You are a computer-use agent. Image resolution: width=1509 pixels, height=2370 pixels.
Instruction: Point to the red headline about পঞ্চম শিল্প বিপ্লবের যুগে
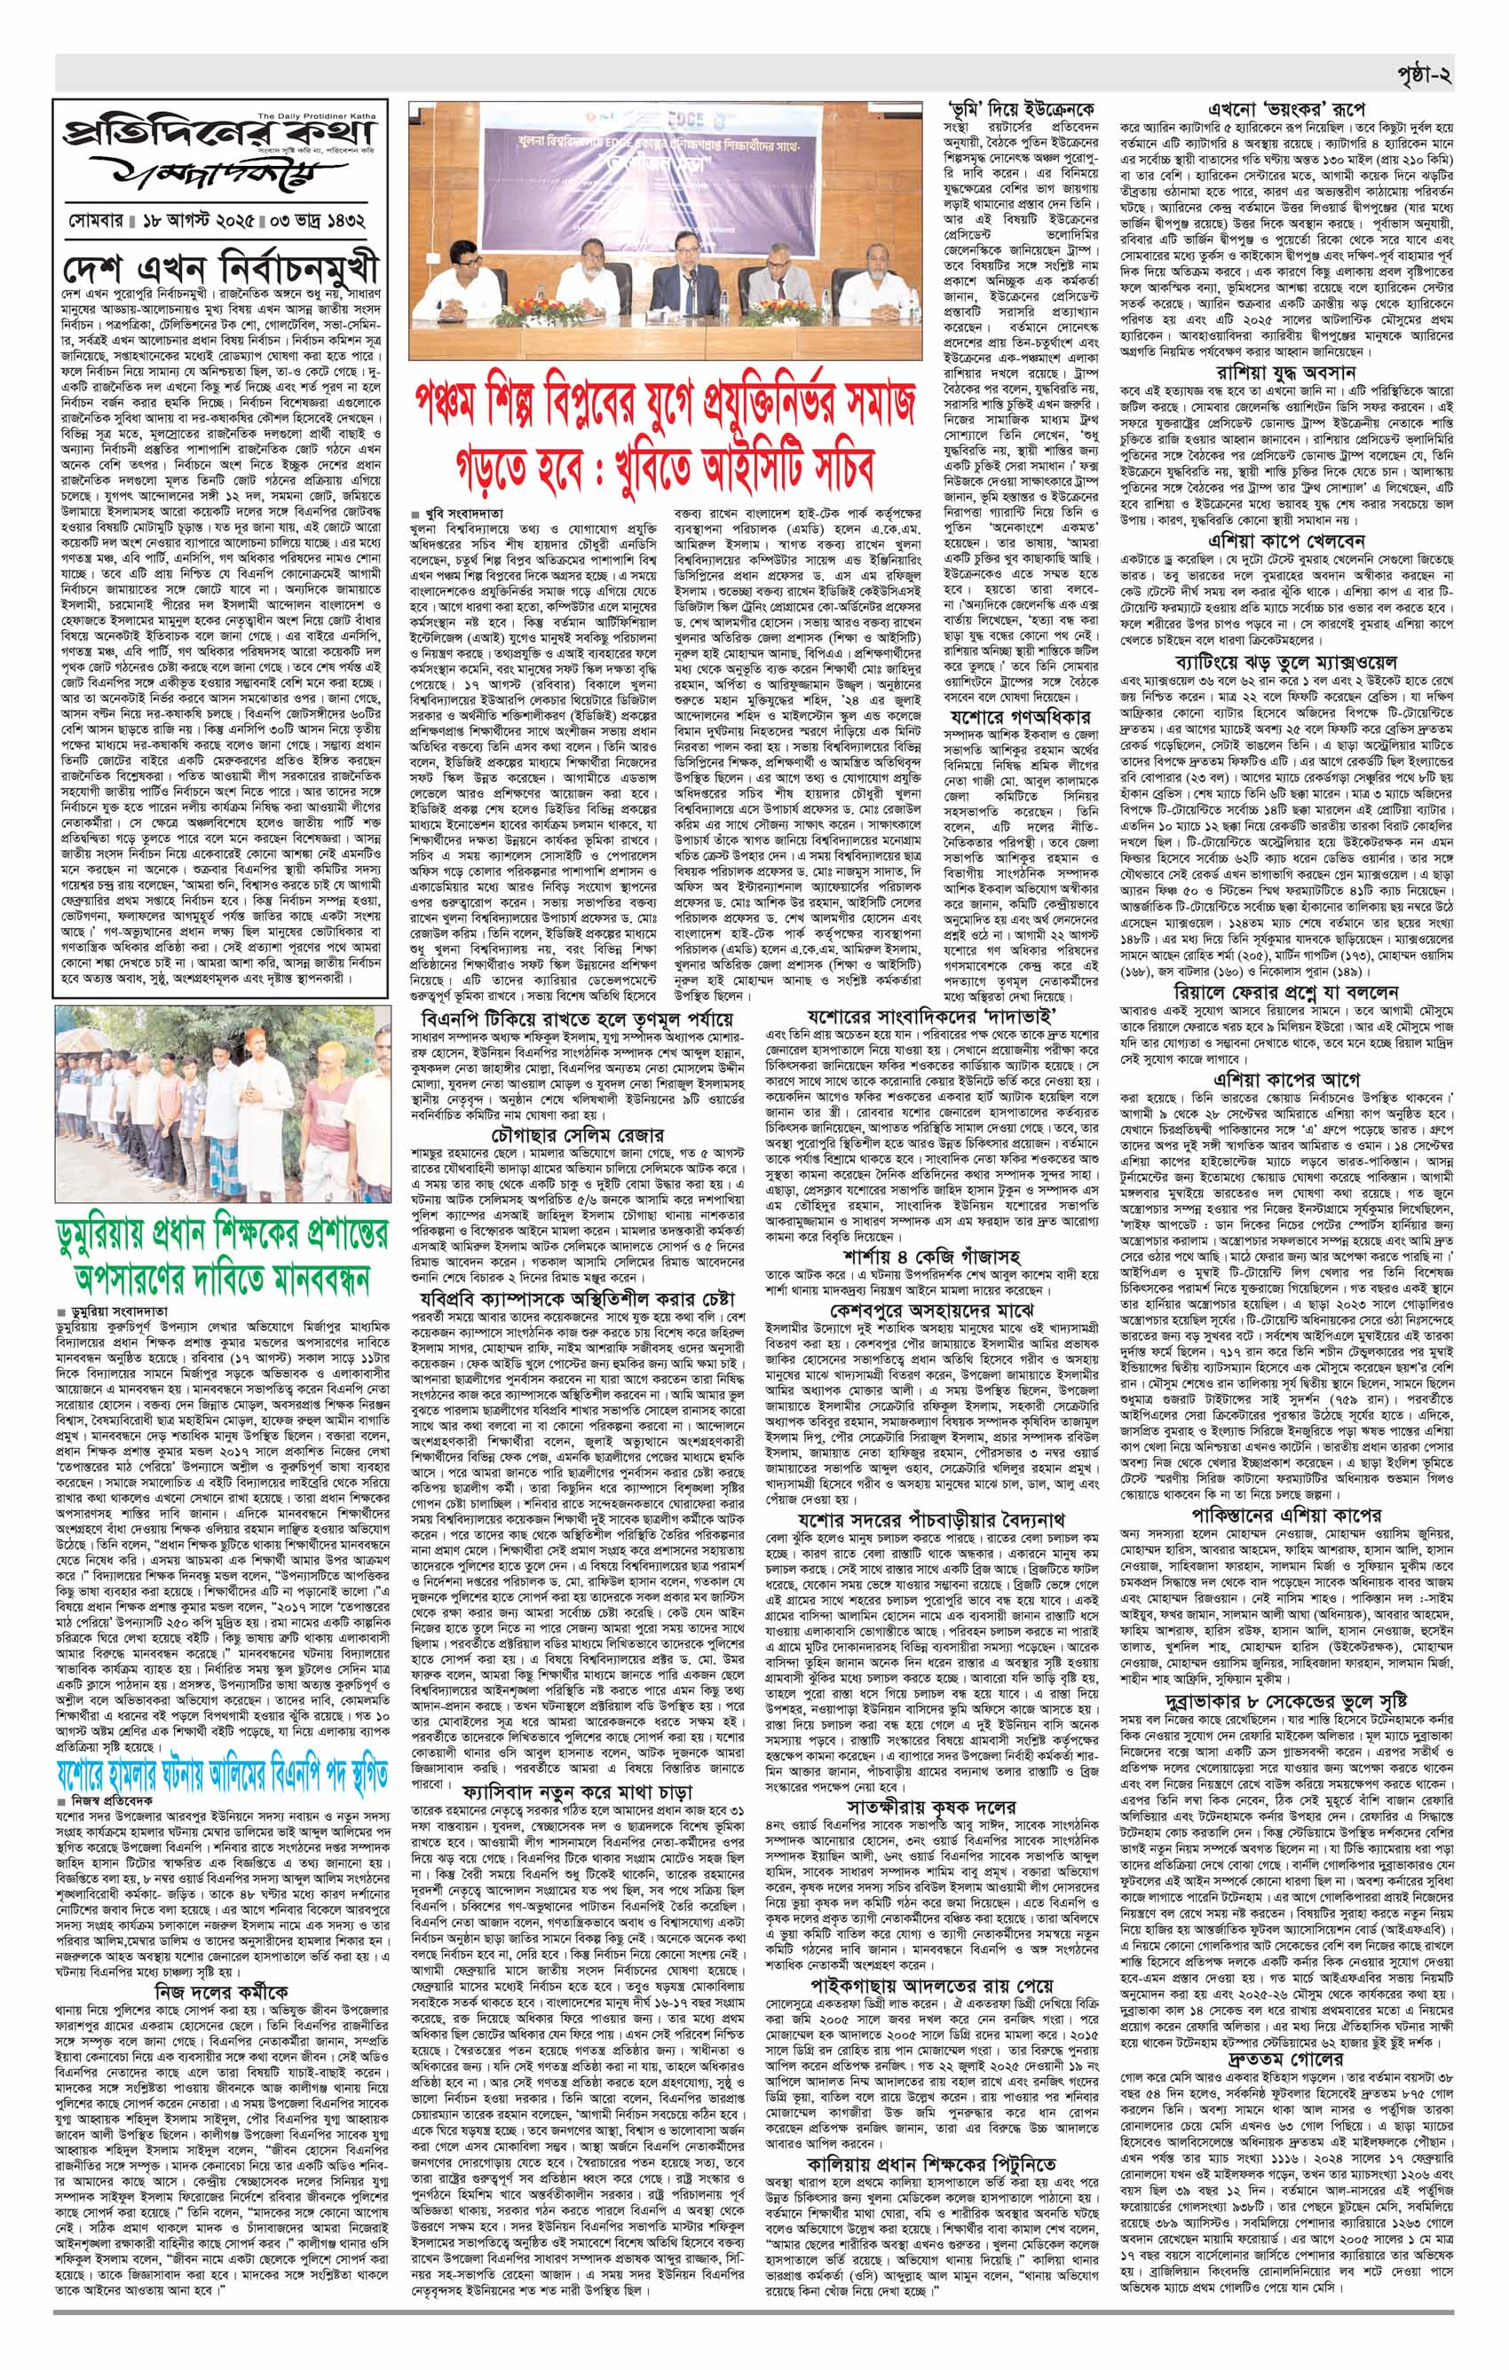pyautogui.click(x=667, y=439)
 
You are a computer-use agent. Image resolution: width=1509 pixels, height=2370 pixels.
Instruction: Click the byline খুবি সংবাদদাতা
pyautogui.click(x=462, y=514)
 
